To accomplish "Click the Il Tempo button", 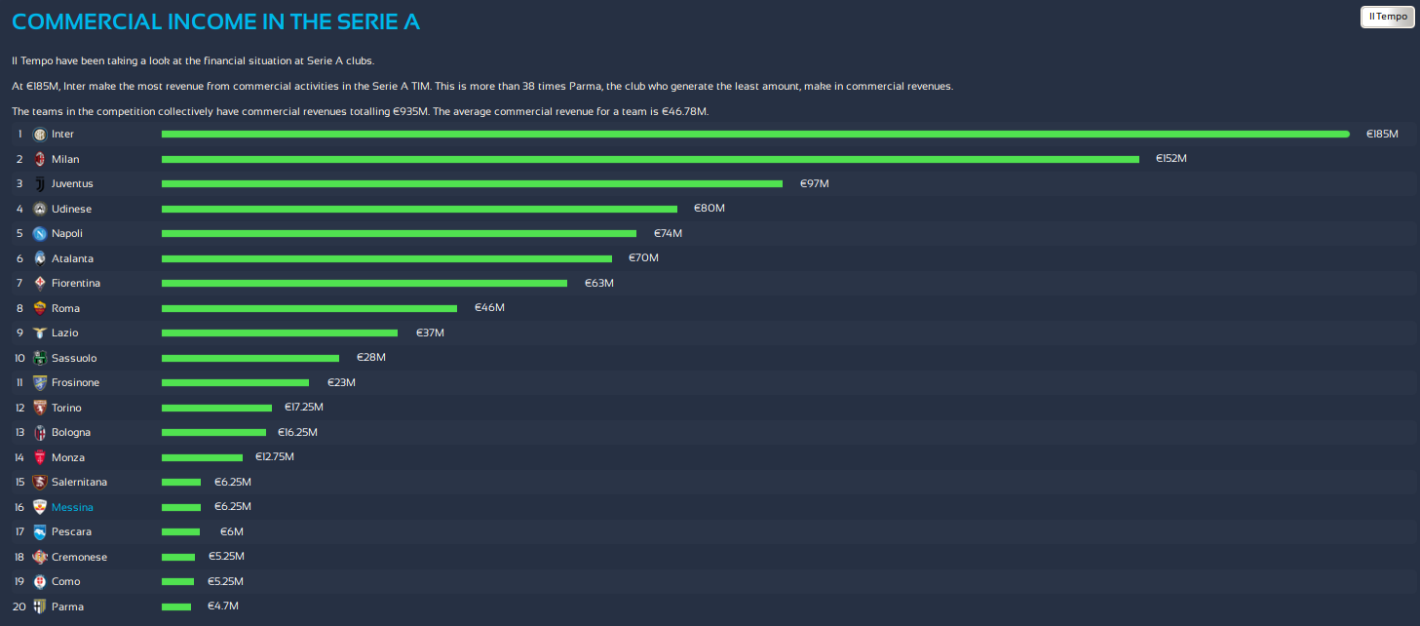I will click(x=1387, y=17).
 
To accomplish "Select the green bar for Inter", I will click(x=755, y=134).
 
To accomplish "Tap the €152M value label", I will click(x=1171, y=158).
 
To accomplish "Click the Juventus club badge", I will click(x=39, y=183).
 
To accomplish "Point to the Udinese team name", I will click(x=71, y=209).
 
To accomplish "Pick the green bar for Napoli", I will click(x=399, y=233).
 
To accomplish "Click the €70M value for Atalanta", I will click(x=643, y=258).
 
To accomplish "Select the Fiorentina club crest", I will click(x=39, y=283).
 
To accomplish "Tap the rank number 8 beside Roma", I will click(x=19, y=308).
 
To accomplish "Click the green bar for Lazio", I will click(x=280, y=333).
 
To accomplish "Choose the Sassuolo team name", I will click(x=74, y=358).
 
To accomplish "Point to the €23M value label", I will click(x=340, y=382).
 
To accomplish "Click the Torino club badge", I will click(x=39, y=408).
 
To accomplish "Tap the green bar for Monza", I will click(x=202, y=457).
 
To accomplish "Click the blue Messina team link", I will click(x=72, y=507).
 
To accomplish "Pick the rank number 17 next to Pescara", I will click(x=19, y=531).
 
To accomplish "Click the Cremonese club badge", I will click(x=39, y=557).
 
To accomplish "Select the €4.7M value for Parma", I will click(x=223, y=606).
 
